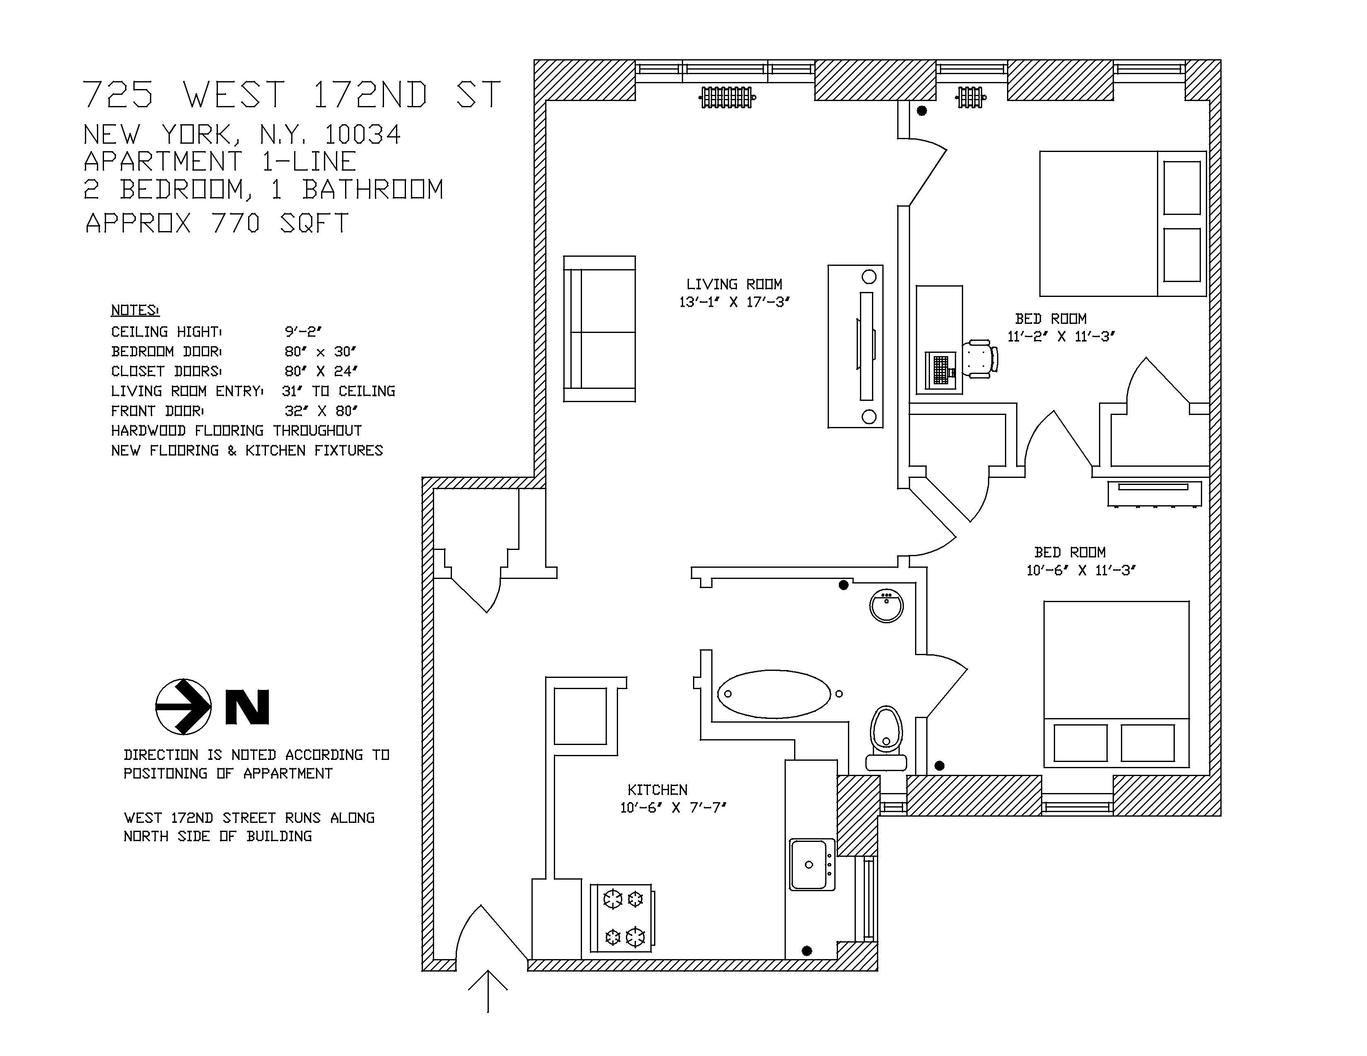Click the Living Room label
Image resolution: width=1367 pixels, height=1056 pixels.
[734, 284]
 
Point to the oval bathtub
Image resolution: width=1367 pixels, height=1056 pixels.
[774, 694]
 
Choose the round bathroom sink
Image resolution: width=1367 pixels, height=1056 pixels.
[887, 605]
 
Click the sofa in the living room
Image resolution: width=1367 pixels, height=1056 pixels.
[600, 328]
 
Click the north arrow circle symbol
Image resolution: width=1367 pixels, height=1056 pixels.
[184, 707]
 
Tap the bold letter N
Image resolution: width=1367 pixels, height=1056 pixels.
[247, 707]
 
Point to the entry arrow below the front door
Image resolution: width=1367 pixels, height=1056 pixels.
[488, 991]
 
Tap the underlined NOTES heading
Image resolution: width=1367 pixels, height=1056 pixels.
[135, 310]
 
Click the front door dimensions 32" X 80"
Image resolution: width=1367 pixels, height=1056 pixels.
[321, 411]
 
